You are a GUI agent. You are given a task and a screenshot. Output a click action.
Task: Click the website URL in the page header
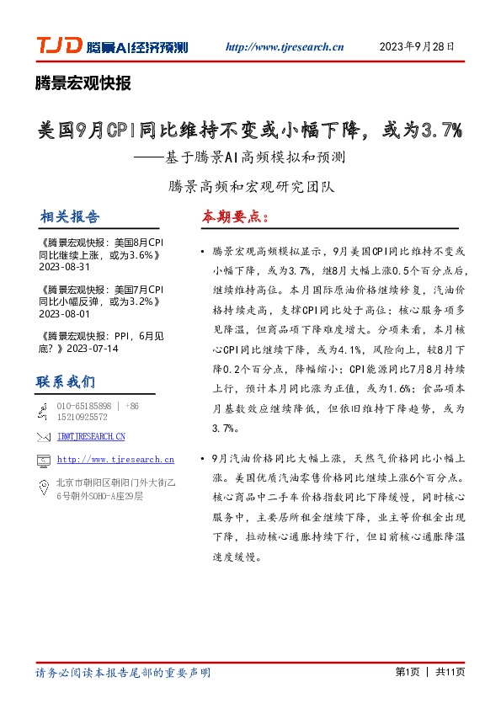286,47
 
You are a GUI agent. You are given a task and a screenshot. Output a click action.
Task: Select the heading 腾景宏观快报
83,83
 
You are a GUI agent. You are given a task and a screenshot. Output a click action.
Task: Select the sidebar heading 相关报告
68,216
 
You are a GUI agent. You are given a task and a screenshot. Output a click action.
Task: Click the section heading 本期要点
234,216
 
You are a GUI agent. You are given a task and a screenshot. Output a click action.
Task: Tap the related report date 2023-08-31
64,266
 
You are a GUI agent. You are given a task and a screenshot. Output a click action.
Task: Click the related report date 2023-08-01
64,313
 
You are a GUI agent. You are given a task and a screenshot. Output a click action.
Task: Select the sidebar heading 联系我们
66,381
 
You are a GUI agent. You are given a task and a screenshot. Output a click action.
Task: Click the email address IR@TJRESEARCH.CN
92,436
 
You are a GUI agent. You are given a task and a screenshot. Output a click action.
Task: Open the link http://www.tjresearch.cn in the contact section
115,460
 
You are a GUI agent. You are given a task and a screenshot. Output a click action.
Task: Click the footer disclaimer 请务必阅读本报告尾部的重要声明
123,674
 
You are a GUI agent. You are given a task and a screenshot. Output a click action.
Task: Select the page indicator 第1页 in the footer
407,674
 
